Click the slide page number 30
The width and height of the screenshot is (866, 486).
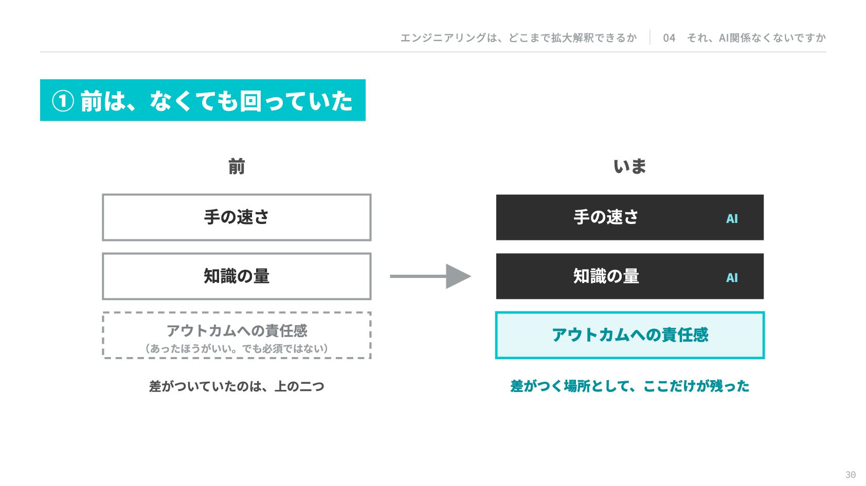pos(850,475)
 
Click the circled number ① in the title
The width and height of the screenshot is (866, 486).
pos(63,101)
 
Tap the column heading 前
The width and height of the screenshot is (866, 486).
pos(237,166)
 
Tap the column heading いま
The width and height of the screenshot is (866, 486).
pos(630,166)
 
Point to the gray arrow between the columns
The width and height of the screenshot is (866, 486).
pos(430,276)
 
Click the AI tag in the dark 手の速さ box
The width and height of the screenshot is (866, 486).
pos(732,219)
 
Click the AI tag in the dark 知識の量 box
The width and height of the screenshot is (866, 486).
pos(732,278)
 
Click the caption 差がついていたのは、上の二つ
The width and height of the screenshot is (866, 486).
pos(237,386)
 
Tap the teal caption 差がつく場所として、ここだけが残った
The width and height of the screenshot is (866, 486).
pos(630,386)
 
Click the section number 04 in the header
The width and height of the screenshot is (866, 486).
pos(669,38)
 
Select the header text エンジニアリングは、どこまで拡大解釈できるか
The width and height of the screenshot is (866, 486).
pos(518,38)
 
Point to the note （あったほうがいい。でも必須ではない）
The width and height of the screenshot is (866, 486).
pos(237,348)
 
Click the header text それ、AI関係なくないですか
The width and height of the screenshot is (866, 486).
pos(756,38)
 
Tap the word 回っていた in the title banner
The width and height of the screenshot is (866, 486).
pos(296,101)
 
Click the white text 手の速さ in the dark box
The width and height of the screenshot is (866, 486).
pos(606,217)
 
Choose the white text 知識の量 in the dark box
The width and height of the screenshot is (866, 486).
pos(606,276)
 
